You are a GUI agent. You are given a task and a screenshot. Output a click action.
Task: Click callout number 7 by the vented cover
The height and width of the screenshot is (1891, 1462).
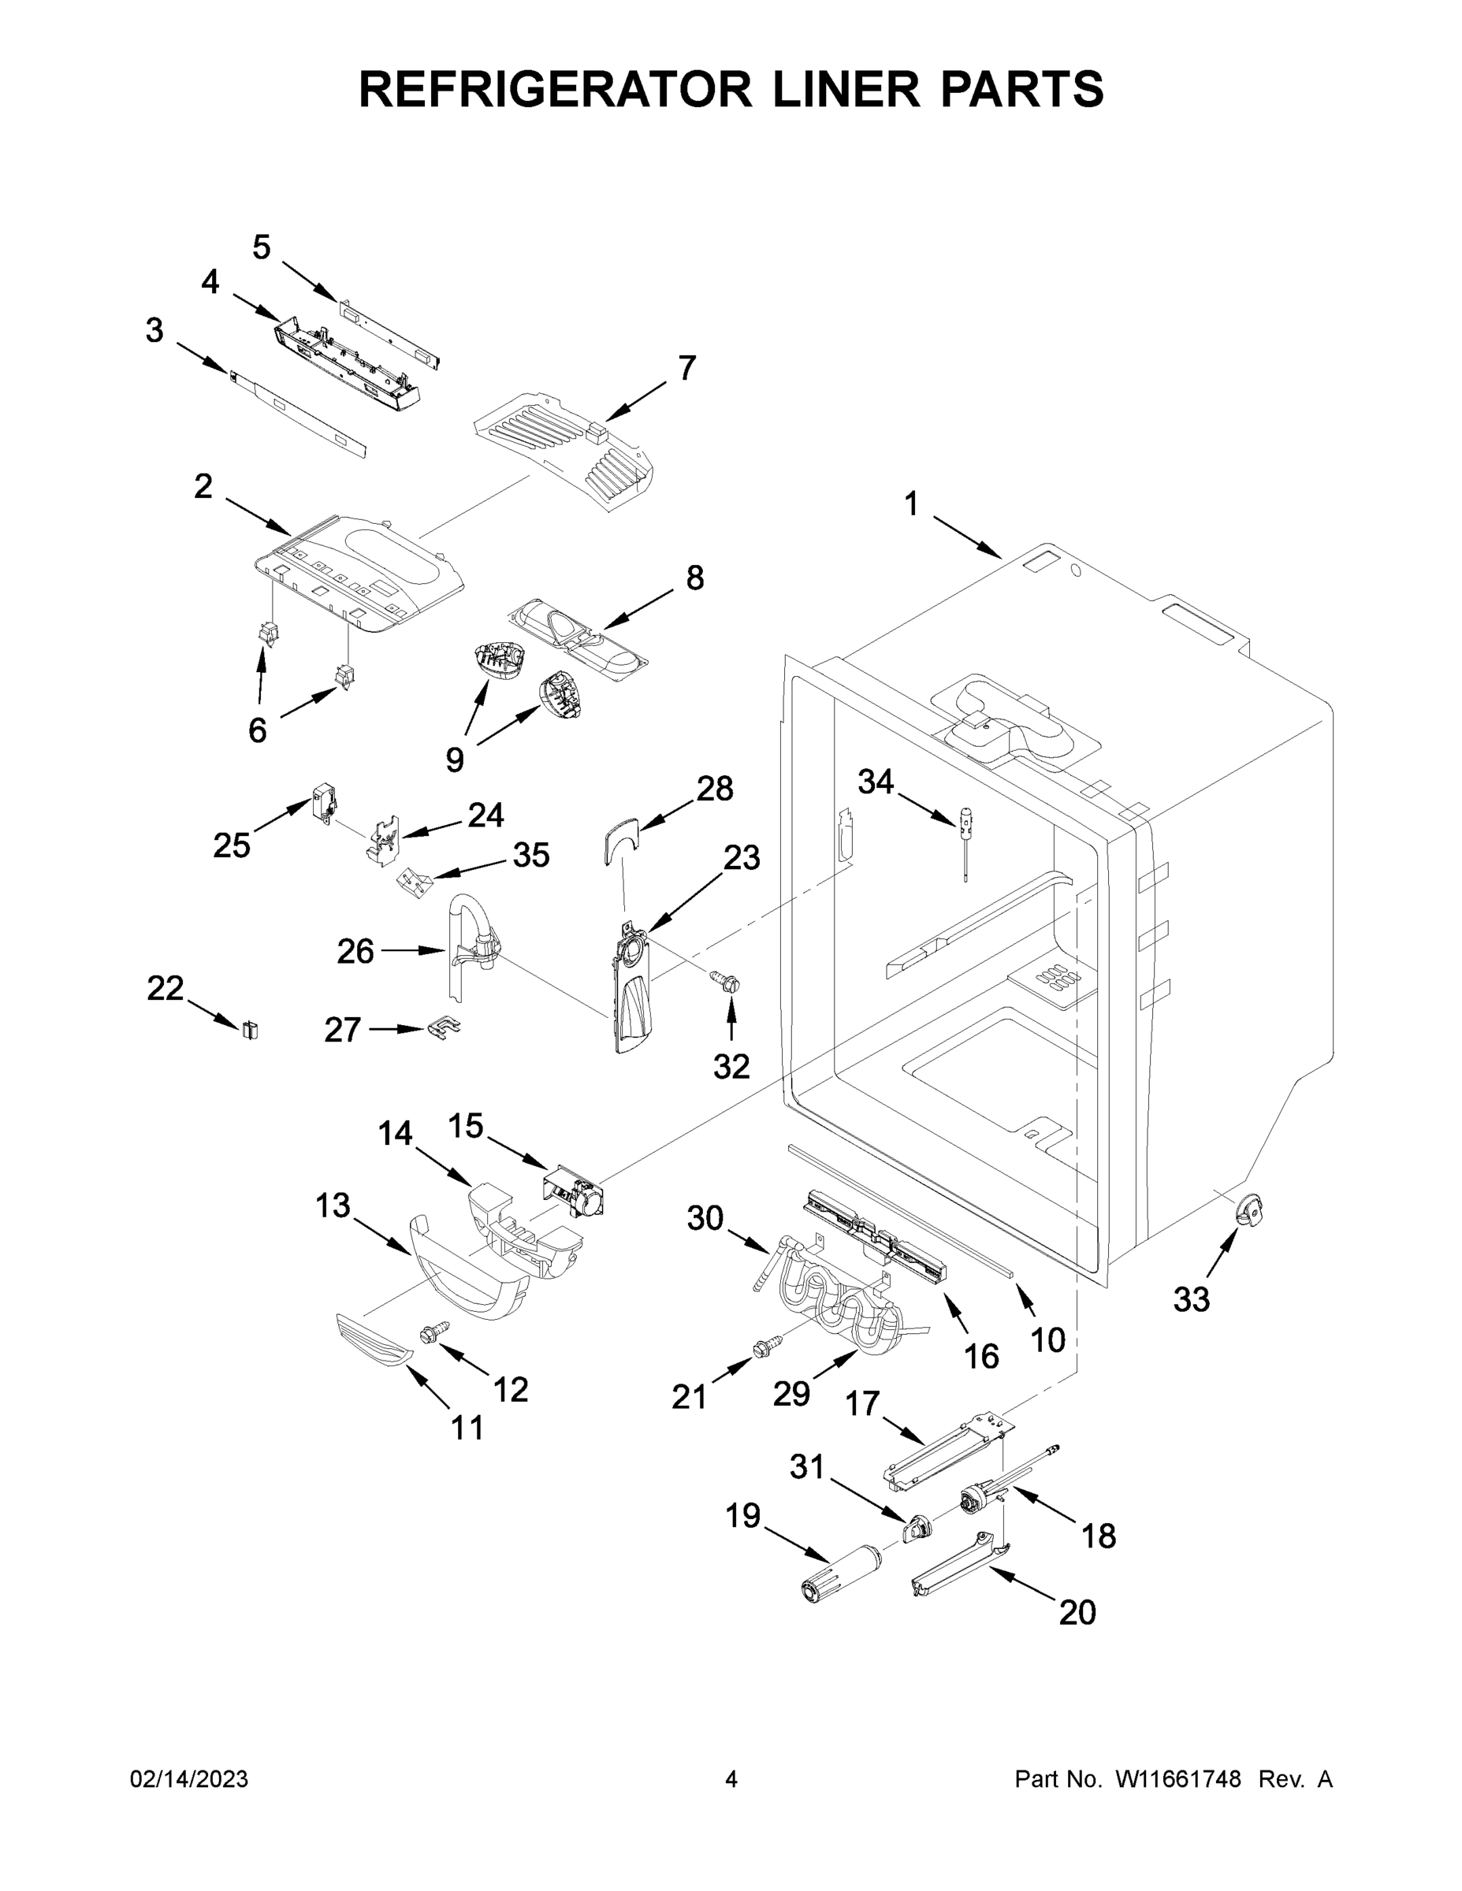point(686,369)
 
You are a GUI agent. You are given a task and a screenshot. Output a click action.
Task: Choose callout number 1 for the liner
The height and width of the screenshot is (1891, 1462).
point(911,504)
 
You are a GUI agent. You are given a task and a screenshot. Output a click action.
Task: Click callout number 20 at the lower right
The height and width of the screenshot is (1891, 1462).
point(1077,1612)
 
